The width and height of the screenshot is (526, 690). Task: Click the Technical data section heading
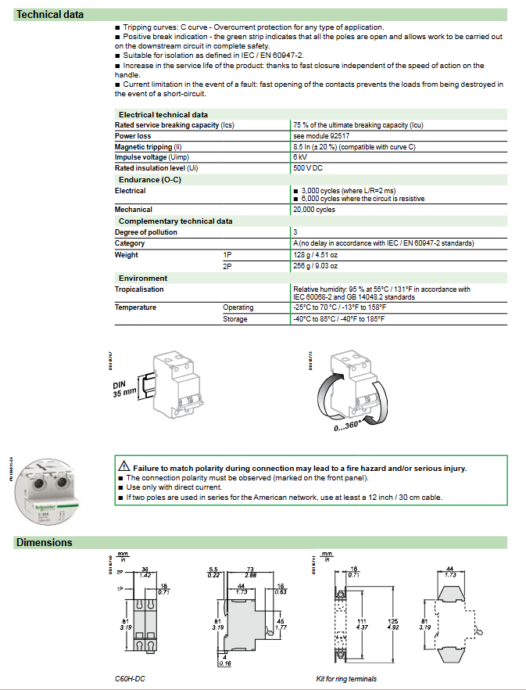point(50,14)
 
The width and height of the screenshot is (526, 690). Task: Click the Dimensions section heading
point(44,542)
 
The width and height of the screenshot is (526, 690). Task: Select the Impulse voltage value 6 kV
point(301,157)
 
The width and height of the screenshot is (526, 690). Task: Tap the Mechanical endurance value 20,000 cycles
point(314,210)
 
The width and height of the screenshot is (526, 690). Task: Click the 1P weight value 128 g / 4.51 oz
point(320,254)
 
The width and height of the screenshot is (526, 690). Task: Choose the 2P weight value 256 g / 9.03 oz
point(320,266)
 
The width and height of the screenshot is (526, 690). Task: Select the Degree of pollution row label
point(146,232)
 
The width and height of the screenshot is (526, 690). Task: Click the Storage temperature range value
point(339,319)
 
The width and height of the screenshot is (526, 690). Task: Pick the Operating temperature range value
point(339,307)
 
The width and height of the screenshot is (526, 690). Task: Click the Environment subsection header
point(143,278)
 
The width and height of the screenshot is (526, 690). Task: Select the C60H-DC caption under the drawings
point(130,678)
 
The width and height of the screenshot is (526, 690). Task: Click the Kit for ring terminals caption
point(346,678)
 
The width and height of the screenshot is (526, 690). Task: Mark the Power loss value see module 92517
point(320,136)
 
